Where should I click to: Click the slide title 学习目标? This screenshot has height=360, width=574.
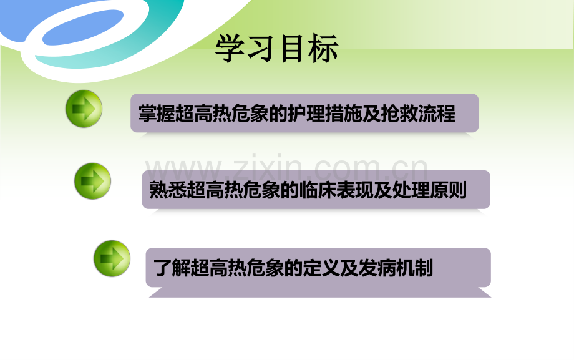[x=277, y=49]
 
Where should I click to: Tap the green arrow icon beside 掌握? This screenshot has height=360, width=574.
[x=84, y=109]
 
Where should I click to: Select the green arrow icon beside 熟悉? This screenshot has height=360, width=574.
[x=92, y=181]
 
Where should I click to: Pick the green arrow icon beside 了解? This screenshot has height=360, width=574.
[x=112, y=258]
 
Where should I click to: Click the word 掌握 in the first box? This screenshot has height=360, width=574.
[x=155, y=114]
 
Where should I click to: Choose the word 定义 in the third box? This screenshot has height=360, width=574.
[x=321, y=268]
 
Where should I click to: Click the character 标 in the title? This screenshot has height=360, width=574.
[x=323, y=49]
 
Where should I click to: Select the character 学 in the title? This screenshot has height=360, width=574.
[x=230, y=49]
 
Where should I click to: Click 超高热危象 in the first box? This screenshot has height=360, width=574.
[x=224, y=114]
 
